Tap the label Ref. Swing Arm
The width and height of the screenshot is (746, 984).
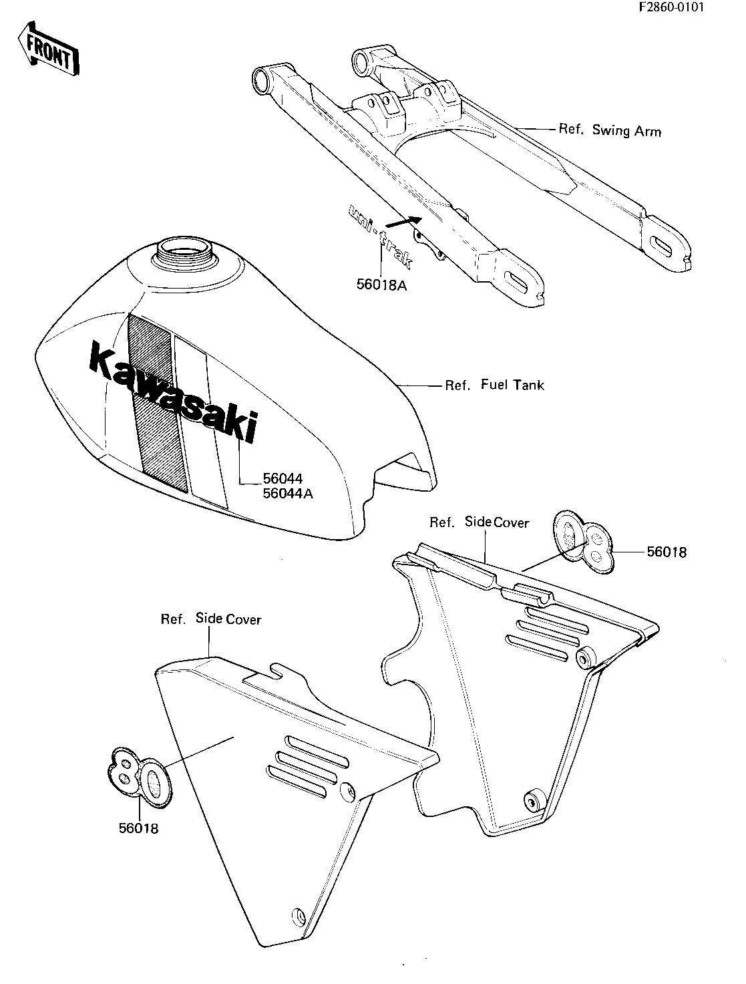(x=610, y=130)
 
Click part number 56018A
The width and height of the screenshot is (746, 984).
(x=381, y=285)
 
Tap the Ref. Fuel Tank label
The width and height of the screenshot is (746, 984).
(x=494, y=385)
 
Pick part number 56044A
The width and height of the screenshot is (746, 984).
(x=288, y=494)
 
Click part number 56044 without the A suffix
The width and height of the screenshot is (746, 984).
(x=283, y=479)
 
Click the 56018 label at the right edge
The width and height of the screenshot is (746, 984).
(x=667, y=552)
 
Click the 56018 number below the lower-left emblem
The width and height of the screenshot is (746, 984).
(x=138, y=828)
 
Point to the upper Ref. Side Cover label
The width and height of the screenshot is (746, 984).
(x=480, y=522)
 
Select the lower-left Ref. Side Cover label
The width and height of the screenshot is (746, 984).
(x=211, y=619)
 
